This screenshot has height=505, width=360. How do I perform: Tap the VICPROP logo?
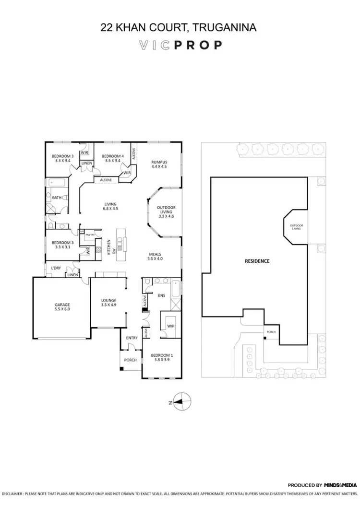tap(180, 45)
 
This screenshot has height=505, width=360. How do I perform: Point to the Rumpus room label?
tap(158, 164)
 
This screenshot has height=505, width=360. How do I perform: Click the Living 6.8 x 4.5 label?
tap(111, 206)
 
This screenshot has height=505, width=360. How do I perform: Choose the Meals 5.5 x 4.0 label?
tap(155, 256)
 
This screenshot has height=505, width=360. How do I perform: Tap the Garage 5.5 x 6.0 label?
tap(62, 307)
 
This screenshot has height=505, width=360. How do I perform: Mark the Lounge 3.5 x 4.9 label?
tap(108, 303)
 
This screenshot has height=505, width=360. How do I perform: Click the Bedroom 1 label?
tap(161, 357)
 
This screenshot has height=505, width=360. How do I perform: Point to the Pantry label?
tap(89, 235)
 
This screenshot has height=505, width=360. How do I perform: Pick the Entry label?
tap(132, 338)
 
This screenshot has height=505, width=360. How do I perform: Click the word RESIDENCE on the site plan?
tap(257, 261)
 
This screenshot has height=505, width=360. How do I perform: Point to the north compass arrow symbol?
tap(179, 402)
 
